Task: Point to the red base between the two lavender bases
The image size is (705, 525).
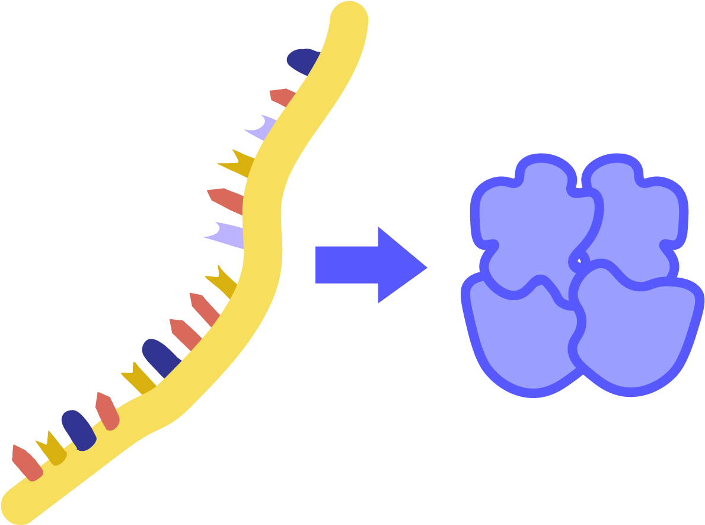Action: [226, 200]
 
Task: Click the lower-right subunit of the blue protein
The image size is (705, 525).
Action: [634, 332]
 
